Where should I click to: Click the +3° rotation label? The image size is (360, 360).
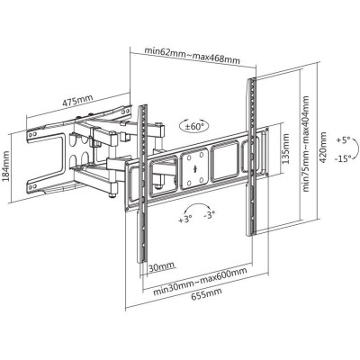pos(185,219)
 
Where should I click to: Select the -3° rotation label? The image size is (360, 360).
pos(210,215)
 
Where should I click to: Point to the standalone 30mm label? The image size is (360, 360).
pos(161,267)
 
